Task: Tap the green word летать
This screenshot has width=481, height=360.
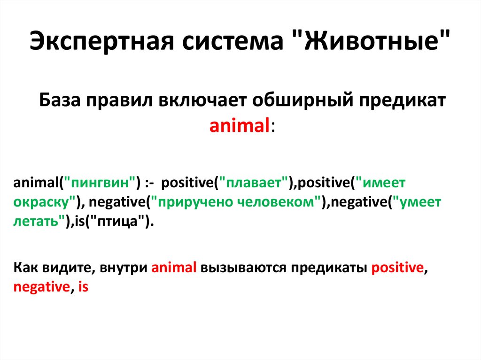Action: [37, 222]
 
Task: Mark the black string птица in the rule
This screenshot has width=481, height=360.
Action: [120, 222]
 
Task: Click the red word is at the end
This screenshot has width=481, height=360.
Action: [83, 287]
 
